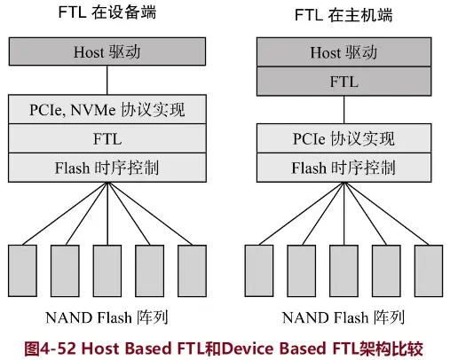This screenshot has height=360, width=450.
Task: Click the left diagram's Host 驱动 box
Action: point(107,52)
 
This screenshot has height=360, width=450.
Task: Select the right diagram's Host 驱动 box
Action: point(343,52)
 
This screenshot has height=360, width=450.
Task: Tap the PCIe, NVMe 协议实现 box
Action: point(107,112)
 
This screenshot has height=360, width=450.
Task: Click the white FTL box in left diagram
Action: point(107,139)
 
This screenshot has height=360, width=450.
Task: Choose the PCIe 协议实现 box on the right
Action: point(343,139)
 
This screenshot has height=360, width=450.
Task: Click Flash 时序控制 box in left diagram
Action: point(107,167)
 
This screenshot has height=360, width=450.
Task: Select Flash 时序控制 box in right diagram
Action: point(343,167)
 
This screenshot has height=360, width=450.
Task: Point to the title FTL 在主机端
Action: point(343,14)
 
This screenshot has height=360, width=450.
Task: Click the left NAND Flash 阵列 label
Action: point(107,317)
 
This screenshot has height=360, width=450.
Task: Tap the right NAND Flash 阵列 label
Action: point(343,317)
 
